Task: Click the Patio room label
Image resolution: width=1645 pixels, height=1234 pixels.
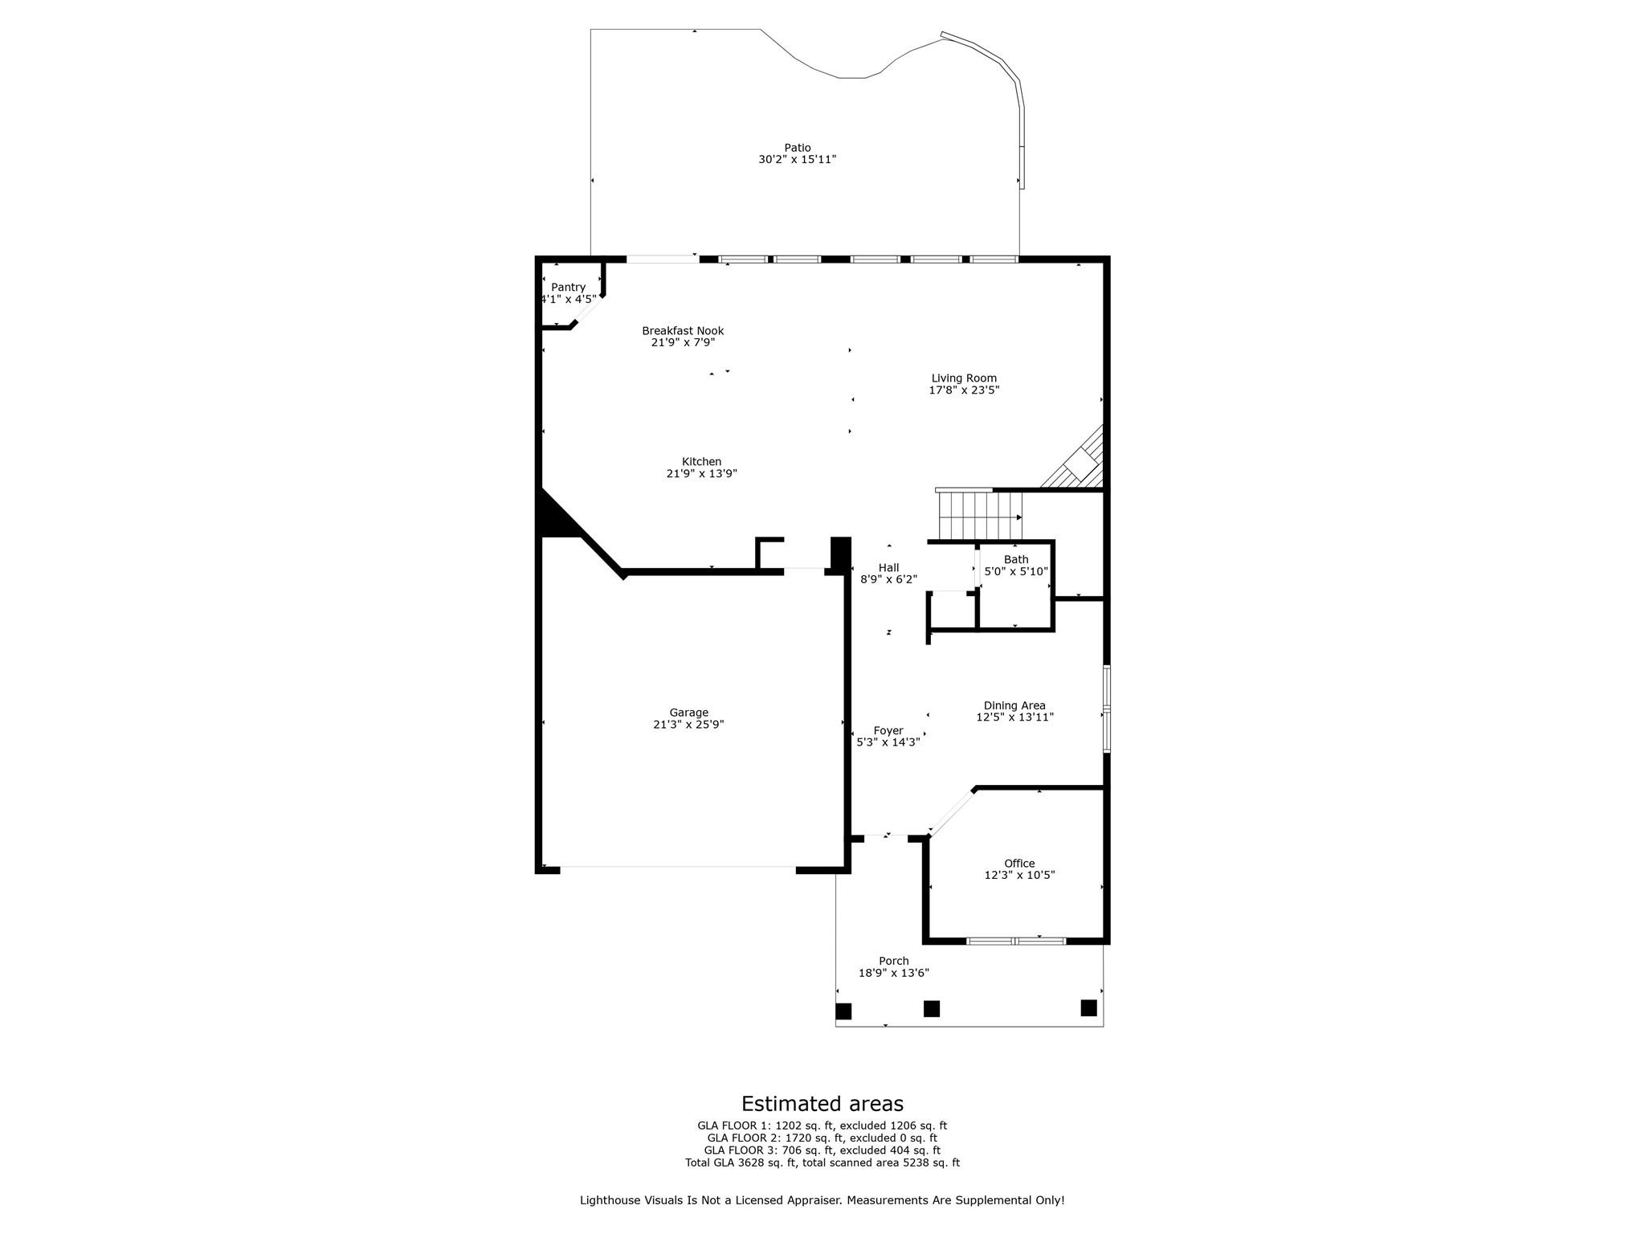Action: click(x=797, y=148)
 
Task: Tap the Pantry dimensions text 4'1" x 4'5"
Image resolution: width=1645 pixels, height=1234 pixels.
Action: click(x=569, y=300)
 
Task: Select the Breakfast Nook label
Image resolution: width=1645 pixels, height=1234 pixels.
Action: click(x=683, y=330)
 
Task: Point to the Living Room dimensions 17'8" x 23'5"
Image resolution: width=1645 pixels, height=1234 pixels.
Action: click(x=964, y=390)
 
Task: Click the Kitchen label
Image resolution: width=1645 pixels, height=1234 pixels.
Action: click(x=701, y=461)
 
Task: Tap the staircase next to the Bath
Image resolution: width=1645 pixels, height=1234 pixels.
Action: click(x=980, y=516)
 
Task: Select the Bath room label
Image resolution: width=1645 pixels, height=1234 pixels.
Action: click(x=1015, y=559)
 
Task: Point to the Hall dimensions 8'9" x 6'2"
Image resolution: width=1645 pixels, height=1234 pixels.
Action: click(x=888, y=579)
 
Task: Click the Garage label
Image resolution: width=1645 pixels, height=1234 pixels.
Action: click(x=688, y=712)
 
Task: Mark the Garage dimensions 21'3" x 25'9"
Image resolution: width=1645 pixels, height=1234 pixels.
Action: click(x=688, y=724)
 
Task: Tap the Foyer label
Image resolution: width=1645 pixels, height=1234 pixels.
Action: click(x=888, y=730)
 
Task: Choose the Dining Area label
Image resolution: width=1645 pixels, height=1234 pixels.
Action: click(x=1014, y=705)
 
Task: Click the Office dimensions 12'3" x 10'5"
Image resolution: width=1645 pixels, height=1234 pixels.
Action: click(x=1019, y=875)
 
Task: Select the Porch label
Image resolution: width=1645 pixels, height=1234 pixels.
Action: click(x=893, y=961)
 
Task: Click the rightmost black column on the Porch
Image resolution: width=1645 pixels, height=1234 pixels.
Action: click(x=1088, y=1007)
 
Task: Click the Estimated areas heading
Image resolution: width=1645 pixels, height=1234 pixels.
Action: click(x=822, y=1103)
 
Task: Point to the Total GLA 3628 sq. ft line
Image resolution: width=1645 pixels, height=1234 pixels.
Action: click(x=822, y=1162)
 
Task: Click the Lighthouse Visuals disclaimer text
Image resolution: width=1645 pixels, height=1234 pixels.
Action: click(x=822, y=1200)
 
